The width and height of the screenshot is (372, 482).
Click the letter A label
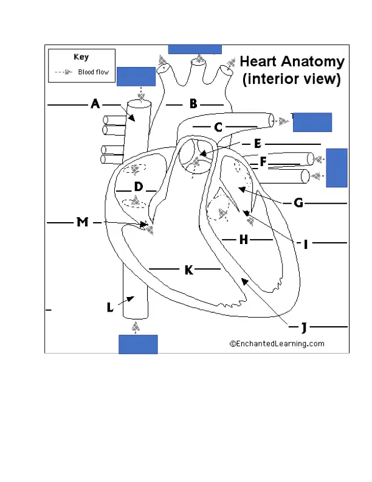[x=95, y=104]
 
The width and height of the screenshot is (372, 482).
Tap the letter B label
[x=193, y=104]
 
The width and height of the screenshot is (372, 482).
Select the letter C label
[x=218, y=127]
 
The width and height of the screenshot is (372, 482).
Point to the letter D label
[x=139, y=187]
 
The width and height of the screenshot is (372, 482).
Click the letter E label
[x=258, y=144]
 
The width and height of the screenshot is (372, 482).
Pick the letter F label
[x=263, y=162]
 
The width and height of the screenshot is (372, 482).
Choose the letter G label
[x=298, y=203]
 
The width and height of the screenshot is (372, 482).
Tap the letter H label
[x=244, y=239]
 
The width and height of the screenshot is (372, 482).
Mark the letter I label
[x=305, y=245]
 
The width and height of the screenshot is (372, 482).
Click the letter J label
[x=304, y=327]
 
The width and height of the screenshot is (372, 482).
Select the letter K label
[x=189, y=270]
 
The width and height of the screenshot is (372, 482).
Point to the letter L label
[x=110, y=307]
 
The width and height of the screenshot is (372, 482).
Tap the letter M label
[x=82, y=222]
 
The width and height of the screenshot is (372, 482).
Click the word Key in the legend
[x=81, y=57]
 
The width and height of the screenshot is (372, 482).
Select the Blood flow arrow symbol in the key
[x=64, y=72]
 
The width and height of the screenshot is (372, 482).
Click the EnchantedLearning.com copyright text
[x=277, y=344]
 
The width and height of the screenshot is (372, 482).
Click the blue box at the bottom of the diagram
[x=138, y=344]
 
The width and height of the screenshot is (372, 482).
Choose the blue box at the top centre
[x=195, y=49]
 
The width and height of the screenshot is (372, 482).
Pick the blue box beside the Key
[x=136, y=77]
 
